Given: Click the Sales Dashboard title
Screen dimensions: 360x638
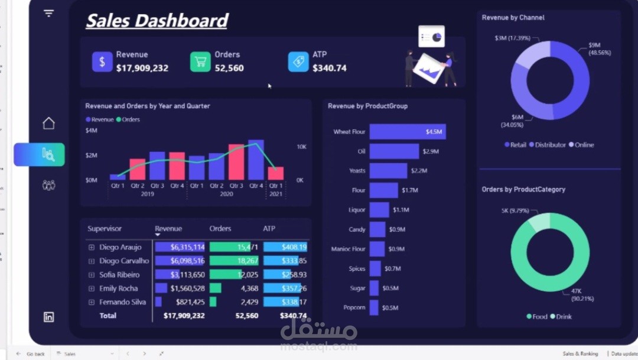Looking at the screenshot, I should [x=157, y=21].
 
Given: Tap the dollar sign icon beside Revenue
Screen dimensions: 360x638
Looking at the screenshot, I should [x=102, y=61].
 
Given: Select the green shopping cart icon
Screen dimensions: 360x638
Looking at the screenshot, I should [x=200, y=61].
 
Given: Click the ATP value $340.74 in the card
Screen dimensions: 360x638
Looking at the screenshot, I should [x=330, y=68].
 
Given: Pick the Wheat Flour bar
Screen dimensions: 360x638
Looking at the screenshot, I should [x=407, y=132].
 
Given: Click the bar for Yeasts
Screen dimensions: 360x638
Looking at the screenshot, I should [x=388, y=171].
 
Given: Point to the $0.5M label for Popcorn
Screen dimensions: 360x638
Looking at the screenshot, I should [x=390, y=308].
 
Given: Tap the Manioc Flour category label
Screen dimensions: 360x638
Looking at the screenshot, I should [x=348, y=249].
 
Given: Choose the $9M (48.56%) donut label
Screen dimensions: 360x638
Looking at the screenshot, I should [x=599, y=49].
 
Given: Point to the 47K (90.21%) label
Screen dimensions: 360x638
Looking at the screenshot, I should [x=584, y=294].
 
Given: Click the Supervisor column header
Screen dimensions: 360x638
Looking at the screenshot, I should [x=105, y=229].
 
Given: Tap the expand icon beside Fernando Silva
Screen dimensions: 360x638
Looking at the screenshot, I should [x=92, y=302].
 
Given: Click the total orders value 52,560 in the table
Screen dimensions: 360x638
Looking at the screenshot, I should [x=247, y=316].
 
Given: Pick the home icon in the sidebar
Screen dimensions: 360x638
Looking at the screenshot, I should [x=49, y=123].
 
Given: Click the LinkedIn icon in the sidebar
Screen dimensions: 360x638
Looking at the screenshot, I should [x=49, y=317].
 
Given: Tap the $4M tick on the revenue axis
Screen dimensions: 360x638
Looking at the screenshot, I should [x=92, y=130].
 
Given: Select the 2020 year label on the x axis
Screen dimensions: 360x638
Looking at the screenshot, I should [x=226, y=194].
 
